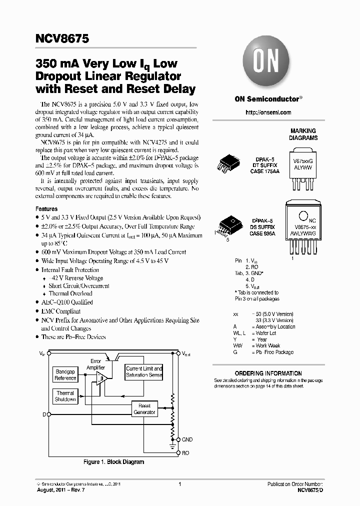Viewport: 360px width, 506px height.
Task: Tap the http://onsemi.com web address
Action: click(x=268, y=112)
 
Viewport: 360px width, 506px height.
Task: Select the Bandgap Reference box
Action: click(x=65, y=375)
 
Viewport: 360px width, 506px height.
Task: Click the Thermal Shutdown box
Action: click(x=65, y=396)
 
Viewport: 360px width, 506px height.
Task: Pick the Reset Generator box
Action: click(x=144, y=408)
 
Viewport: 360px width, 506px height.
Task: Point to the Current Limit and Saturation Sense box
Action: click(x=144, y=371)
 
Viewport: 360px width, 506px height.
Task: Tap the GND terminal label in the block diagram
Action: click(x=187, y=439)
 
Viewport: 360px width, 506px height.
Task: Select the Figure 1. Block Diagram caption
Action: click(x=113, y=462)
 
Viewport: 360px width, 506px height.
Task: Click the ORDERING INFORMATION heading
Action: click(x=268, y=373)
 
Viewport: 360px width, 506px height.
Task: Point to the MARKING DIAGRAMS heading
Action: click(x=303, y=134)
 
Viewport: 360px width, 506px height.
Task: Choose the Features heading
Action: click(x=46, y=208)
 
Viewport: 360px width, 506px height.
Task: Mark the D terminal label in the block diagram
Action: click(x=44, y=414)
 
